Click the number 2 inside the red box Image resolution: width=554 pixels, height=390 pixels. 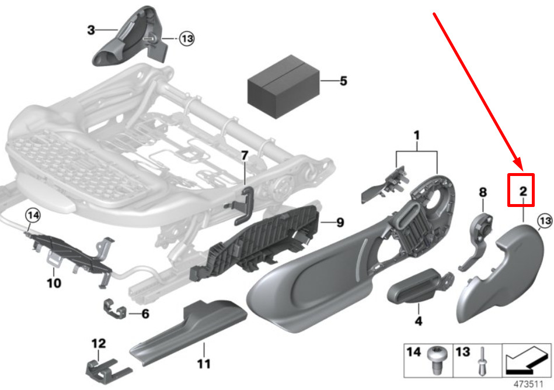pyautogui.click(x=523, y=191)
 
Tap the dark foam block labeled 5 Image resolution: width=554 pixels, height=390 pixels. pyautogui.click(x=283, y=87)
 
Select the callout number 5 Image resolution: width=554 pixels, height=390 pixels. pyautogui.click(x=343, y=81)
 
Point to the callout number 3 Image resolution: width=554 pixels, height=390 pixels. pyautogui.click(x=91, y=30)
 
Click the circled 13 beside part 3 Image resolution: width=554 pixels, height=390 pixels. pyautogui.click(x=187, y=38)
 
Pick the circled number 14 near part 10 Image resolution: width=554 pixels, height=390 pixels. pyautogui.click(x=33, y=216)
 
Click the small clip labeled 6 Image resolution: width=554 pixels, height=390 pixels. pyautogui.click(x=115, y=309)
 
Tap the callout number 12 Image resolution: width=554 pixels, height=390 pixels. pyautogui.click(x=99, y=343)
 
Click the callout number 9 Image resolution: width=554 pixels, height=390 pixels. pyautogui.click(x=340, y=222)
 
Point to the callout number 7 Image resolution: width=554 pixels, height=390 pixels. pyautogui.click(x=245, y=156)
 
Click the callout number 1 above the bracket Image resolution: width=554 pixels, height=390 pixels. pyautogui.click(x=417, y=136)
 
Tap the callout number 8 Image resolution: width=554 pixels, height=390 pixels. pyautogui.click(x=483, y=192)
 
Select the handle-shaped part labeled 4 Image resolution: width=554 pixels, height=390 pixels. pyautogui.click(x=417, y=287)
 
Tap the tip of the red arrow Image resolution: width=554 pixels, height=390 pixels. pyautogui.click(x=521, y=169)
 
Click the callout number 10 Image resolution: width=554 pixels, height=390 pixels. pyautogui.click(x=54, y=283)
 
